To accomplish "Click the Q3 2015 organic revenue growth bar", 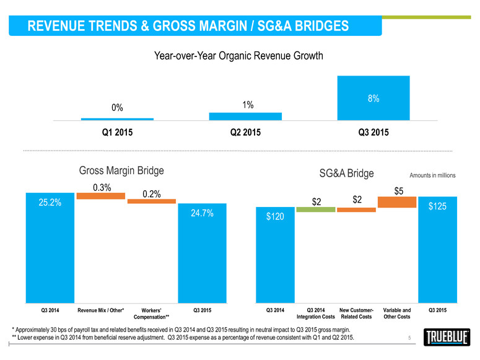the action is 373,98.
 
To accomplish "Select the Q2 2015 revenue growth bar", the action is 245,116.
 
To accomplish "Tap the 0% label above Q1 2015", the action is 117,108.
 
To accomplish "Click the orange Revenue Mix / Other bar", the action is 101,196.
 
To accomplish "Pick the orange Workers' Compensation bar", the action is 152,201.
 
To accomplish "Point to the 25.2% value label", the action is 50,203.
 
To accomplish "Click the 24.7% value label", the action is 202,213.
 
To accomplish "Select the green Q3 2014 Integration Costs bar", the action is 316,209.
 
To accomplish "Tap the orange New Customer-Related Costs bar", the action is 356,209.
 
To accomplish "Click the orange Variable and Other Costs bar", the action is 397,202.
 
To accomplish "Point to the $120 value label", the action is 275,217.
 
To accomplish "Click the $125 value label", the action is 437,206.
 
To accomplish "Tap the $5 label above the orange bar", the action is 399,191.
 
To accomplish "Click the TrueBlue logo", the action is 447,337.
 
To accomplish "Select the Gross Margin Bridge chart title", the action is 121,170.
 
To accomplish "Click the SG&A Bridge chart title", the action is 347,173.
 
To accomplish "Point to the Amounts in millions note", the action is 432,175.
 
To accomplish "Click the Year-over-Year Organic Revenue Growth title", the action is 238,56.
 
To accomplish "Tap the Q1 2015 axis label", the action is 117,133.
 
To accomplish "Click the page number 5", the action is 409,338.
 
